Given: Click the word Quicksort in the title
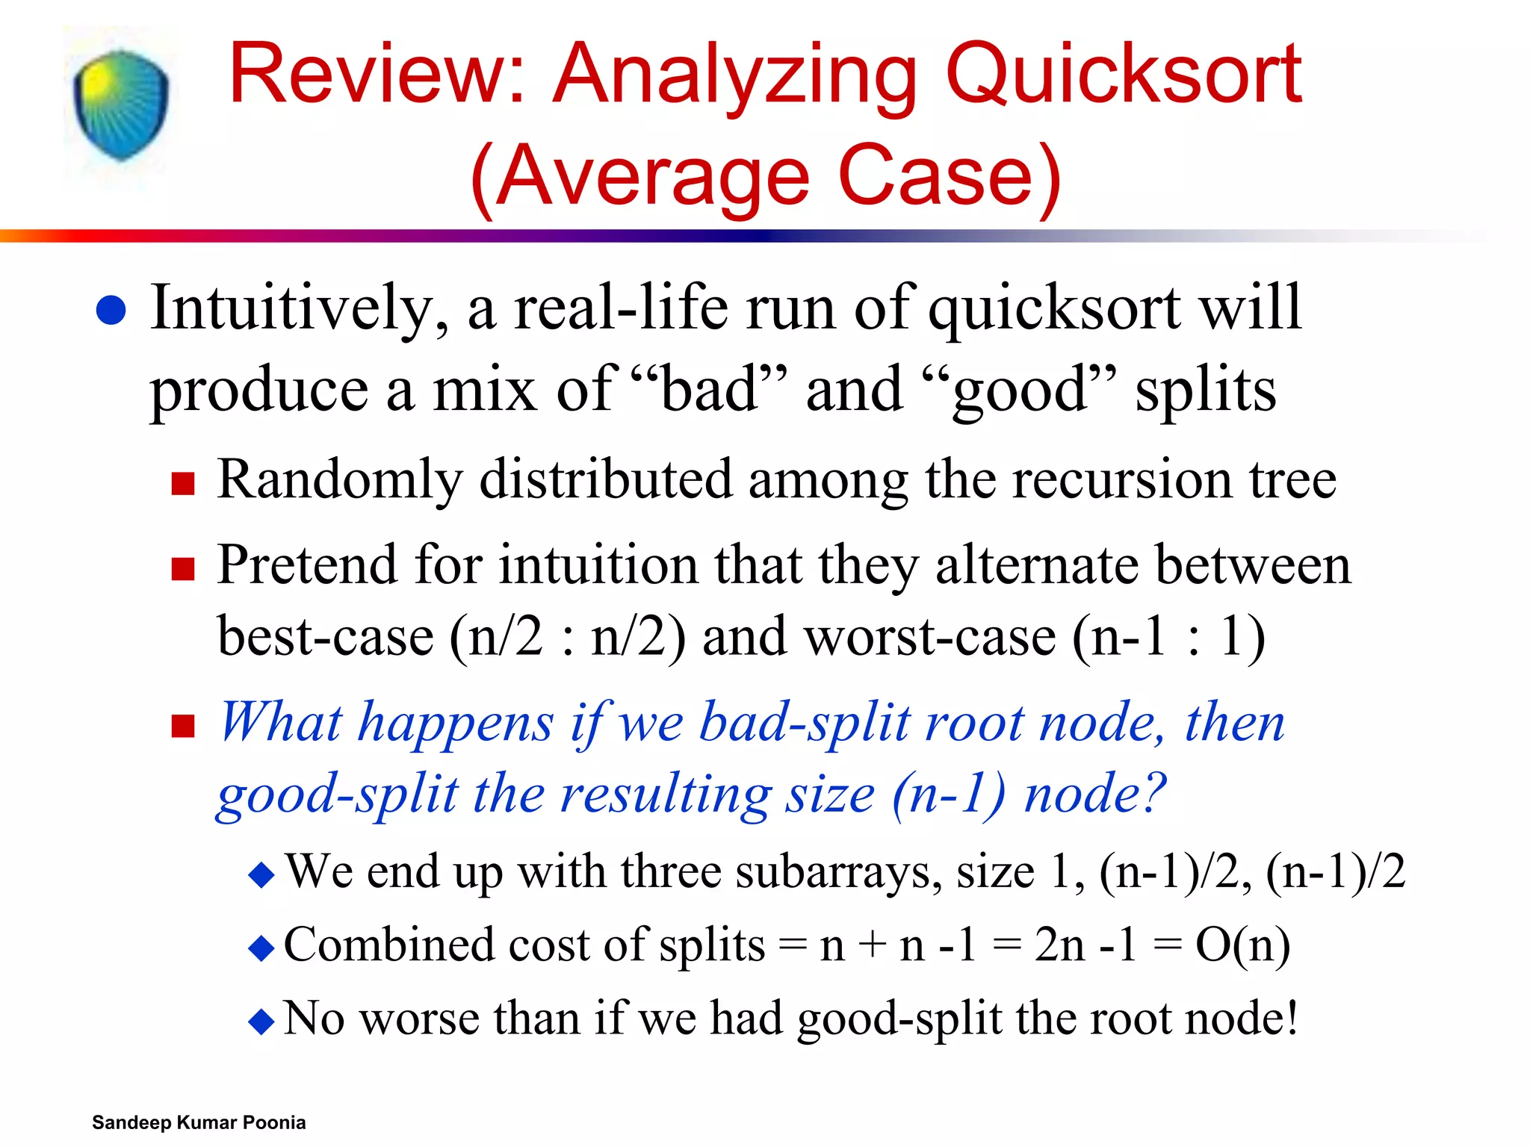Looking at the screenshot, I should coord(1124,75).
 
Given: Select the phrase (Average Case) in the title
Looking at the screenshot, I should coord(766,178).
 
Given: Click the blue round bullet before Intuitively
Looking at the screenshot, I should coord(111,311).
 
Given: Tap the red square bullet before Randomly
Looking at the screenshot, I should coord(183,484).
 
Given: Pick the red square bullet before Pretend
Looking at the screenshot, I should coord(183,569).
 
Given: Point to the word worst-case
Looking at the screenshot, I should coord(879,637).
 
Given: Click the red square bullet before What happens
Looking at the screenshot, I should coord(183,726).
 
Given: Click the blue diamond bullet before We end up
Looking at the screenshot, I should coord(261,874).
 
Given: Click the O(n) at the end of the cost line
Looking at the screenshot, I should coord(1242,945).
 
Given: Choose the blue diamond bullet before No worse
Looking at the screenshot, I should coord(261,1021).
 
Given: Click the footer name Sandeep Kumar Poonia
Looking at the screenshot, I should coord(199,1122).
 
